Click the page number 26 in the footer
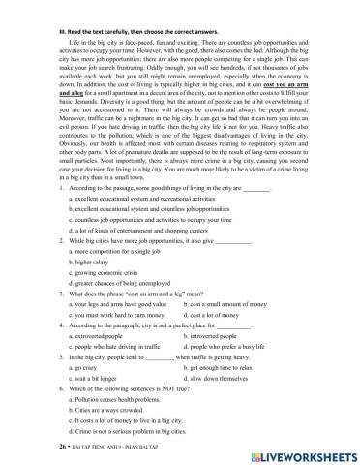pos(61,450)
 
